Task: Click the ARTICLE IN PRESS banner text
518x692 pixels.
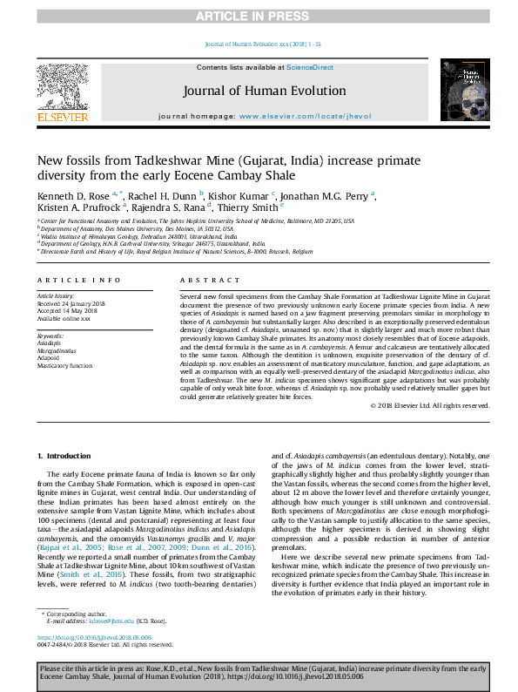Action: pyautogui.click(x=259, y=17)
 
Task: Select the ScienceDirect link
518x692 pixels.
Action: pyautogui.click(x=310, y=67)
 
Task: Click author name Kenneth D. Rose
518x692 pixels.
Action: pyautogui.click(x=72, y=195)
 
